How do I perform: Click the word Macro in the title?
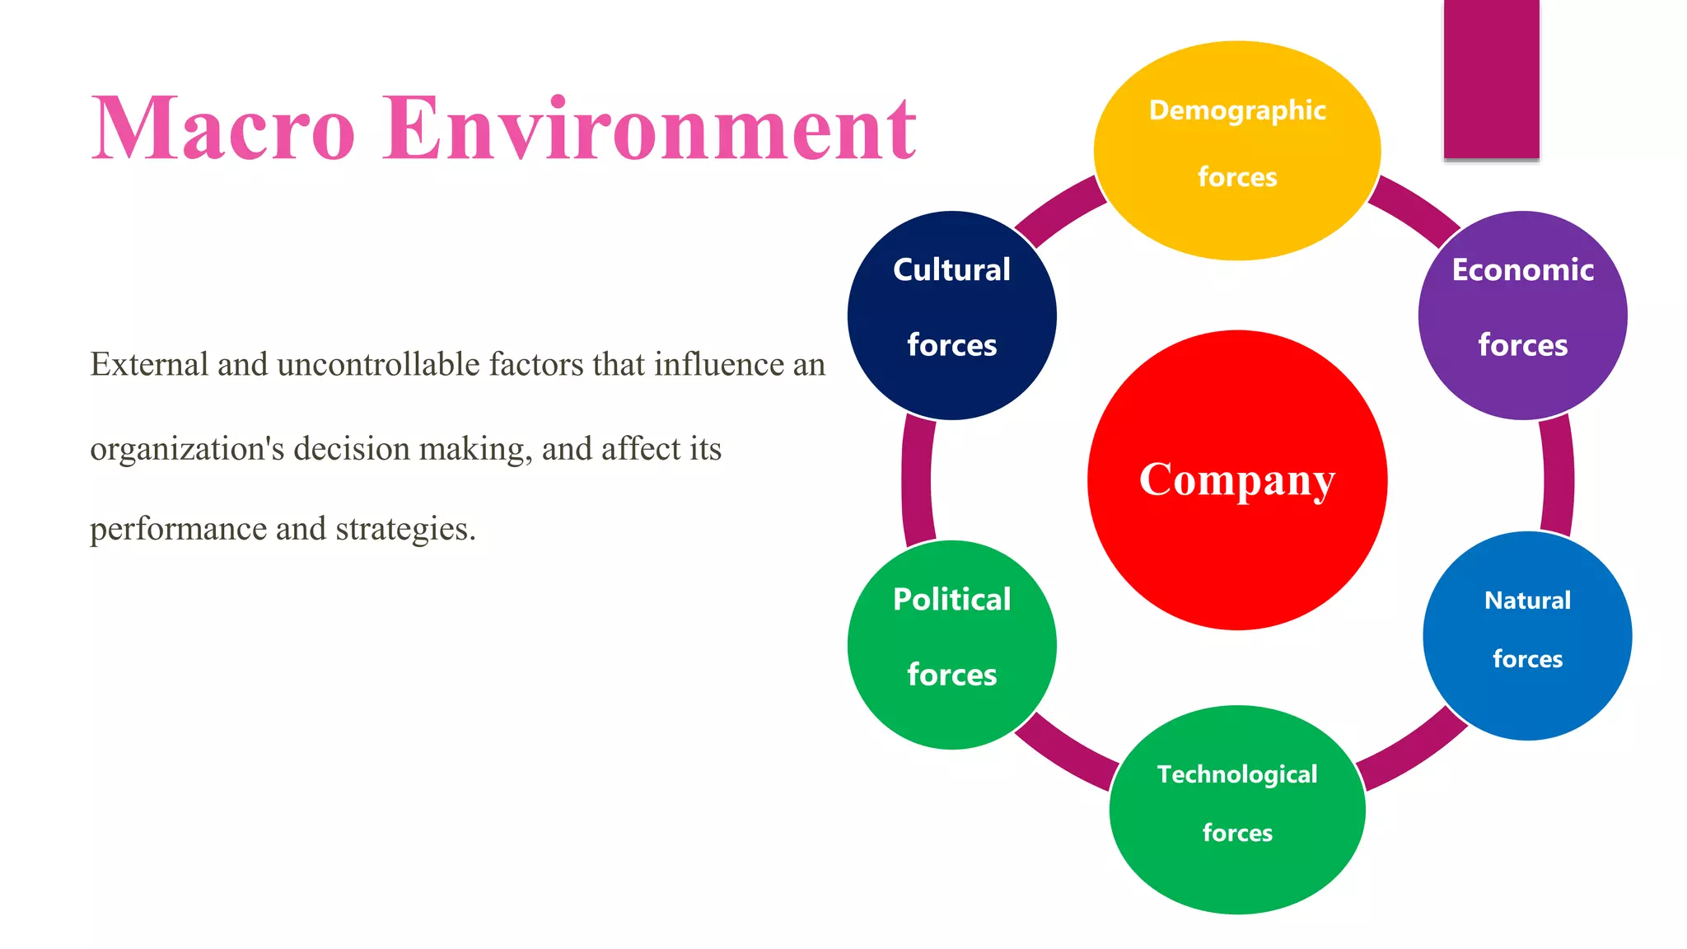point(222,129)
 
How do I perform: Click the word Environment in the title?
point(649,129)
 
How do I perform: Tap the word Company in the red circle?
point(1236,480)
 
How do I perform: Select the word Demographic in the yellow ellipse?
point(1236,110)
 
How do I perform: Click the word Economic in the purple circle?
point(1522,270)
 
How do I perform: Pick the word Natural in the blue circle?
point(1527,601)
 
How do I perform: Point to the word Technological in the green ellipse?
point(1236,774)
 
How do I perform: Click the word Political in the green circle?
point(951,600)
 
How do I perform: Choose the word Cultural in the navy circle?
point(951,270)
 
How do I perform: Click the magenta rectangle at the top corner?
point(1491,78)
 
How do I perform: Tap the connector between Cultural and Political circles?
point(917,480)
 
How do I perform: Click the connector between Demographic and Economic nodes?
point(1414,209)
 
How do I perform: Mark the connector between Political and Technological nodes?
point(1065,751)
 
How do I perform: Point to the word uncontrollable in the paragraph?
point(378,364)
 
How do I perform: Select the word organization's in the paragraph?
point(187,449)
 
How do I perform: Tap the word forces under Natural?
point(1527,659)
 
